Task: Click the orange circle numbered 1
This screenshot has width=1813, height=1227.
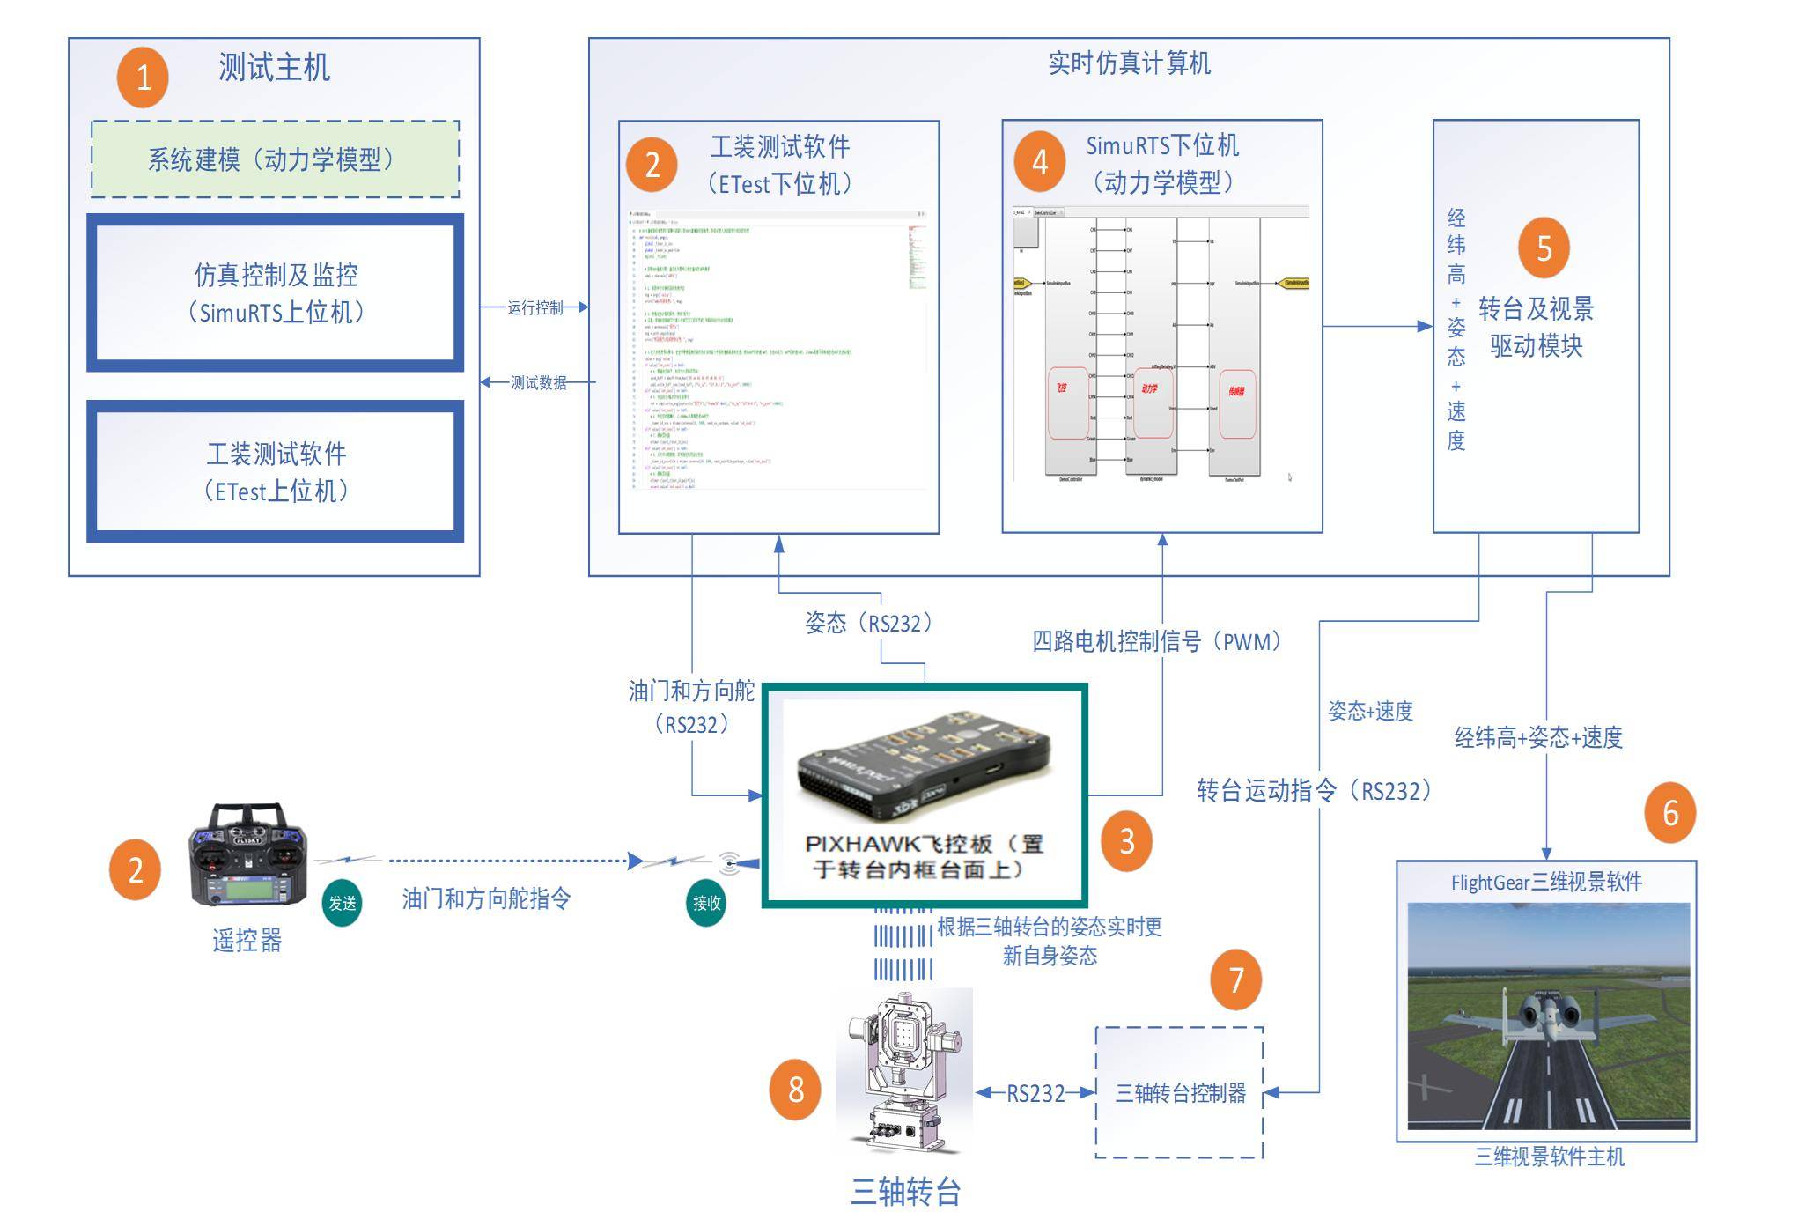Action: point(143,78)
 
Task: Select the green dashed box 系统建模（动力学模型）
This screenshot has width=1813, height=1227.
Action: point(275,159)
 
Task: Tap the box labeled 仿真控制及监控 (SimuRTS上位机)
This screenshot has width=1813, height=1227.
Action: point(276,292)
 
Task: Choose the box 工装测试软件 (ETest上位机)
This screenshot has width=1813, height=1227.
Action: point(276,471)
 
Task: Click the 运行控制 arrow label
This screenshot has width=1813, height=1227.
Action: point(535,307)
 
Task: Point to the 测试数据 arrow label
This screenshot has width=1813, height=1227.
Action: point(539,382)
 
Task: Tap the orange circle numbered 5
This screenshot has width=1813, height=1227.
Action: point(1544,248)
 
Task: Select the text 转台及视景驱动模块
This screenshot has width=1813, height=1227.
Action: point(1536,327)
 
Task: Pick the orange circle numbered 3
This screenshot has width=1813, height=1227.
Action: point(1126,841)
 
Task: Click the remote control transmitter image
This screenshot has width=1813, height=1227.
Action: point(248,854)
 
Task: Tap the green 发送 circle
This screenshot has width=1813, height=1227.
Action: point(342,903)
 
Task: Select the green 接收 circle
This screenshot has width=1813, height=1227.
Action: point(706,903)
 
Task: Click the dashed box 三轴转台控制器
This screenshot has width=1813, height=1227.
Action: point(1179,1093)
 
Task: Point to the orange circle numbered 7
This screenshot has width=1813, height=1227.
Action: point(1235,979)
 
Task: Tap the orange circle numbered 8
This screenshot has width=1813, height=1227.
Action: point(795,1090)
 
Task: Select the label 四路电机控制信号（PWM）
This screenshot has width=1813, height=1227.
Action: point(1156,641)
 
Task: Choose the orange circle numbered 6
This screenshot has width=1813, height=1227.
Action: point(1669,813)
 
